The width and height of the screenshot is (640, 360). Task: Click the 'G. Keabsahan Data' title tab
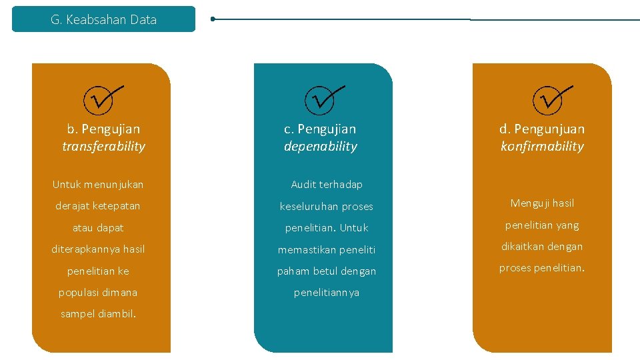coord(103,19)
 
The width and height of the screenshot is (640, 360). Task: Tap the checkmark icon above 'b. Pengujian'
coord(101,99)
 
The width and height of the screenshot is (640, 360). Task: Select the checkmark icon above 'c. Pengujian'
coord(323,99)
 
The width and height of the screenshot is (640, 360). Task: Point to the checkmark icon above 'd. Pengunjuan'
coord(551,99)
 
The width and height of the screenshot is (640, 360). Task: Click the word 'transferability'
coord(103,147)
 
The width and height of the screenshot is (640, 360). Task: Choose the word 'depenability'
coord(321,147)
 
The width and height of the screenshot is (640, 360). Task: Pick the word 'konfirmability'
coord(542,147)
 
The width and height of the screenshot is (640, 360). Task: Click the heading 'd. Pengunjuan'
coord(542,129)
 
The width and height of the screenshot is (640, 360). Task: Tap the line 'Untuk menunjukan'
coord(98,185)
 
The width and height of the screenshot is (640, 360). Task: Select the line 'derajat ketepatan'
coord(98,206)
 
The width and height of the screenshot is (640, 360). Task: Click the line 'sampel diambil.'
coord(98,314)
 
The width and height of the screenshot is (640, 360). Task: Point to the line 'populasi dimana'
coord(98,293)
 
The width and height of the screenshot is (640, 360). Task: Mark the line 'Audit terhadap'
coord(327,185)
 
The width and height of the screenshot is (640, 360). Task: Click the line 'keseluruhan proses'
coord(327,207)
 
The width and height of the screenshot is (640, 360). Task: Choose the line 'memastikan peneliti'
coord(327,250)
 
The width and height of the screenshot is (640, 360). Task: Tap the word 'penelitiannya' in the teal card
coord(327,293)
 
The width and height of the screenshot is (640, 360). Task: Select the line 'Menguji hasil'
coord(542,203)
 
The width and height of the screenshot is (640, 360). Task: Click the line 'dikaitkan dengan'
coord(542,247)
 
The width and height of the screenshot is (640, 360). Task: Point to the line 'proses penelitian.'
coord(542,268)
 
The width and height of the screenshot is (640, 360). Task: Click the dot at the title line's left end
coord(213,19)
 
